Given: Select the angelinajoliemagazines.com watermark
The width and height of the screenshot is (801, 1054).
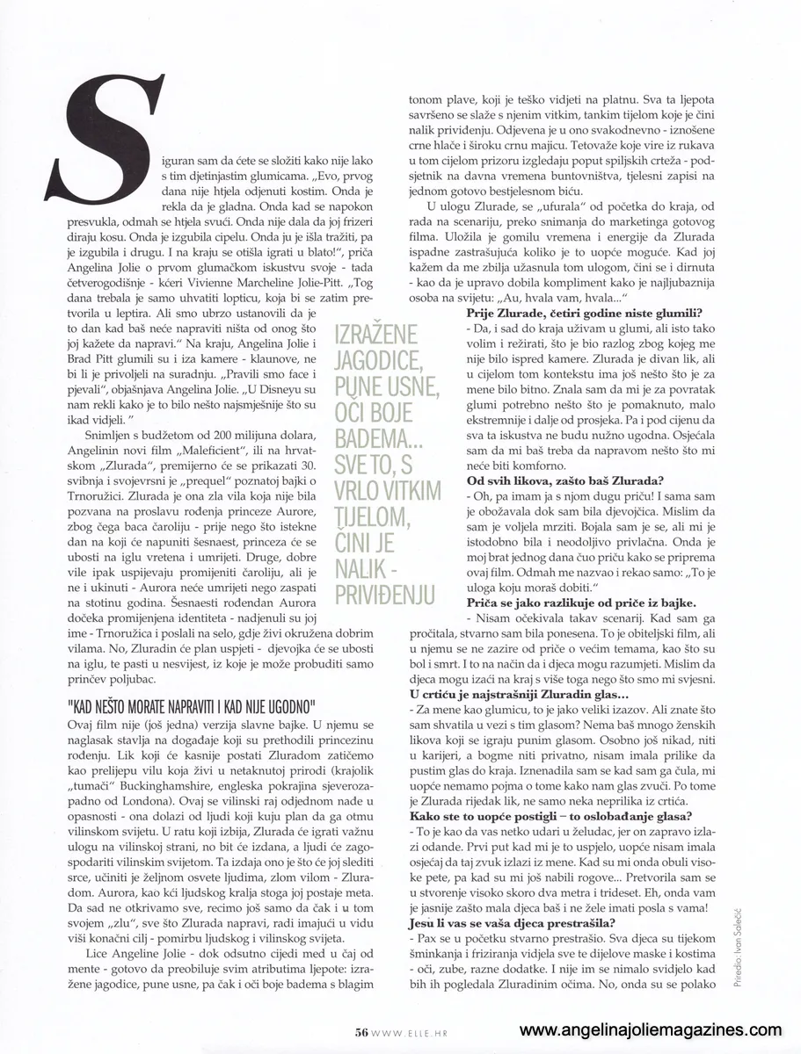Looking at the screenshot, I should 651,1030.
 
